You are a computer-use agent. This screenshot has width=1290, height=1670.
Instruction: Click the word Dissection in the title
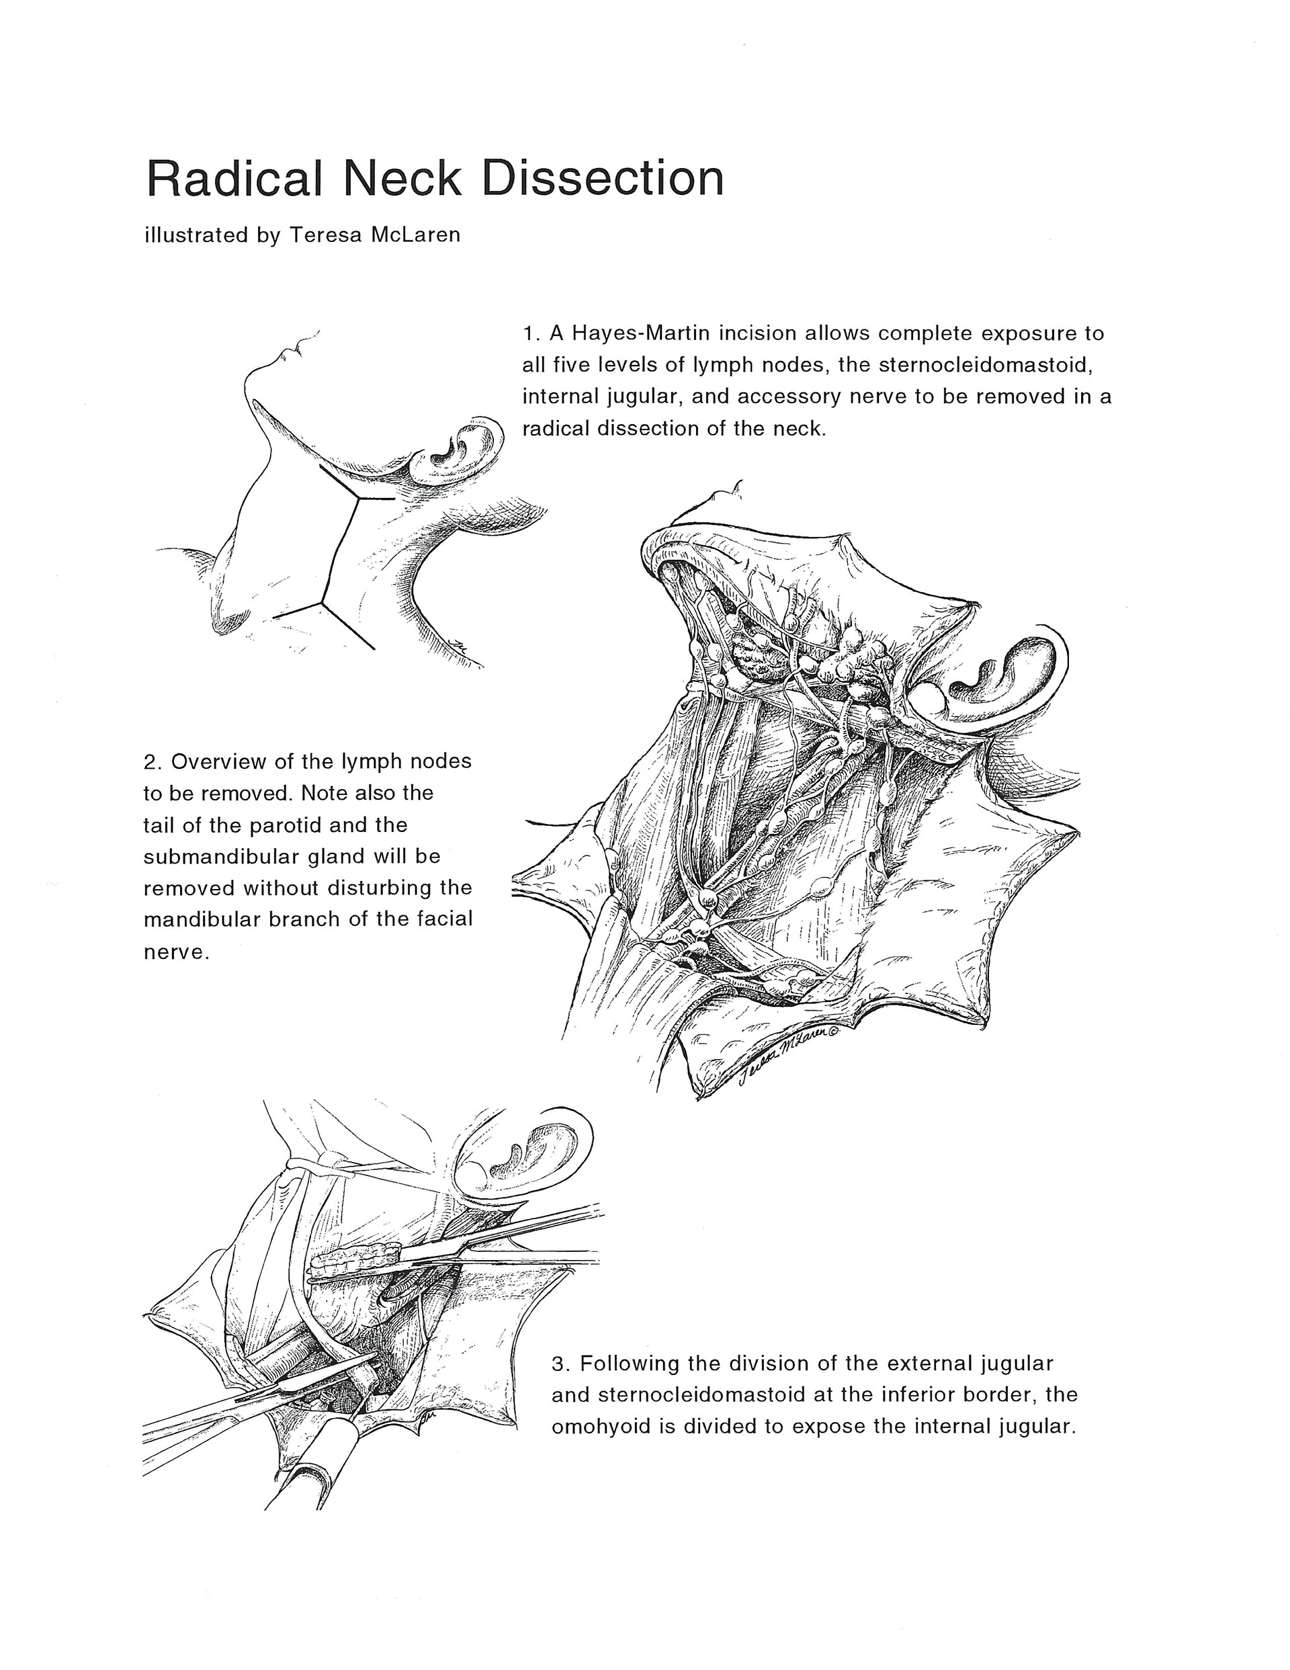[x=602, y=178]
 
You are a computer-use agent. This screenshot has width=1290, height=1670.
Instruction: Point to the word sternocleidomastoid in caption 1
[x=985, y=365]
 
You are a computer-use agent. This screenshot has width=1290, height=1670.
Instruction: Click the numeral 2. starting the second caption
[x=153, y=761]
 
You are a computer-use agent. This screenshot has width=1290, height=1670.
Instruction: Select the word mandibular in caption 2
[x=202, y=919]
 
